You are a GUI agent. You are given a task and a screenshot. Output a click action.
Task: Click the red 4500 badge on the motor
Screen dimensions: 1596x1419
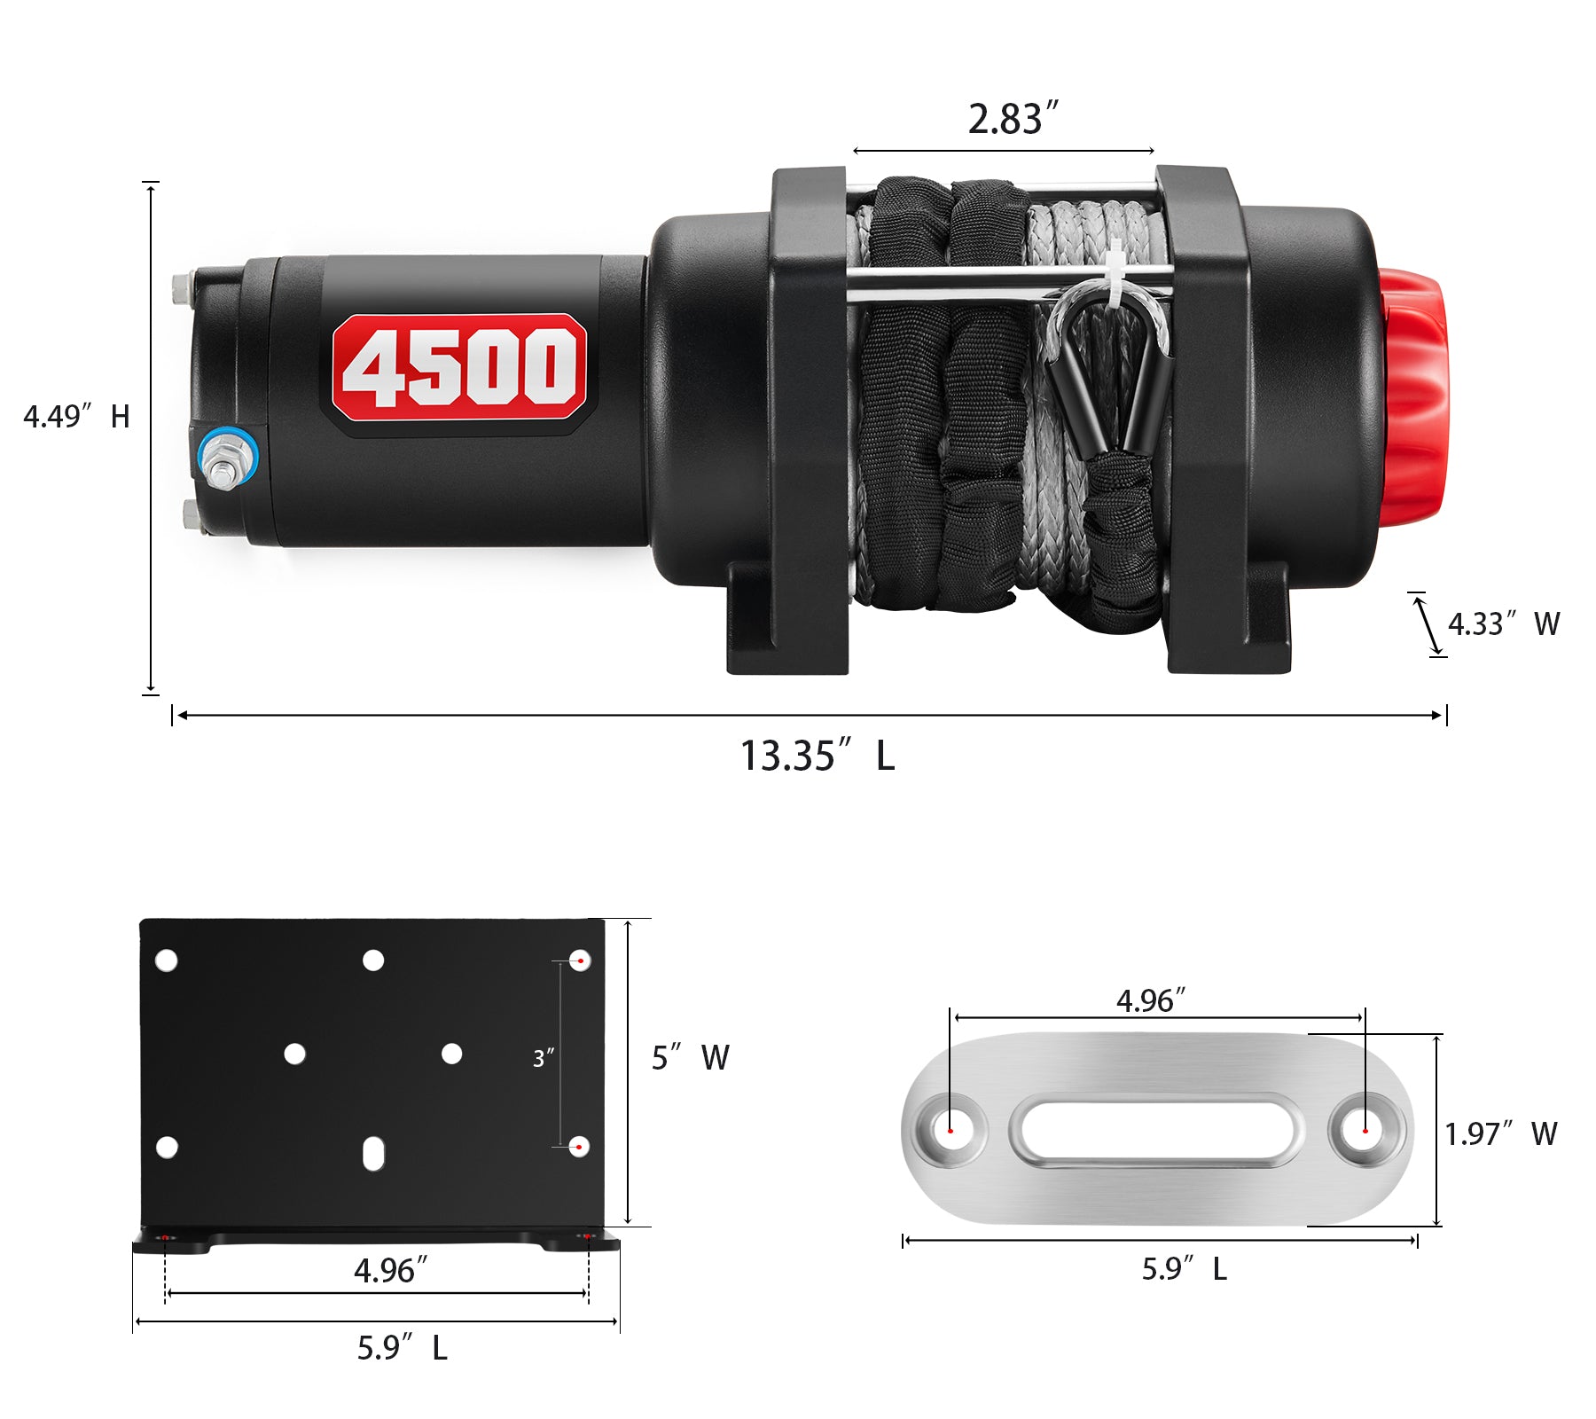click(x=458, y=366)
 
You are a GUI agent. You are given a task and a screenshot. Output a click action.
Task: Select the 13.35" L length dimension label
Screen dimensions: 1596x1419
click(x=817, y=757)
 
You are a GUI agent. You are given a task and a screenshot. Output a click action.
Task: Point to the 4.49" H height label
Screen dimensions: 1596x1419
click(x=76, y=416)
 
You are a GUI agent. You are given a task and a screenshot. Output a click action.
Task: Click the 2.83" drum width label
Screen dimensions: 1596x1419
click(x=1013, y=119)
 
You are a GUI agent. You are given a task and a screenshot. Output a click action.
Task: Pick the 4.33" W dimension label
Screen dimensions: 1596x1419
click(x=1504, y=623)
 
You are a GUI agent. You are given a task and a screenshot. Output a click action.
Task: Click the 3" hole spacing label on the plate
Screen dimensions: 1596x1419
click(x=543, y=1058)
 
